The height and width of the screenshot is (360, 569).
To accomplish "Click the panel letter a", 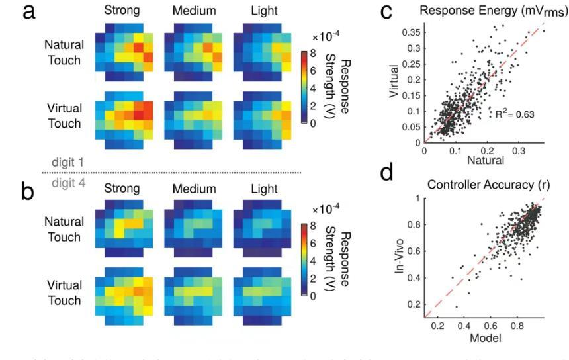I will pyautogui.click(x=30, y=15).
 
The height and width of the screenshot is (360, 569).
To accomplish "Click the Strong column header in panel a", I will pyautogui.click(x=122, y=11).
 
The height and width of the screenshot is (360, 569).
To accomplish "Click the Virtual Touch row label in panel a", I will pyautogui.click(x=64, y=116).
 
